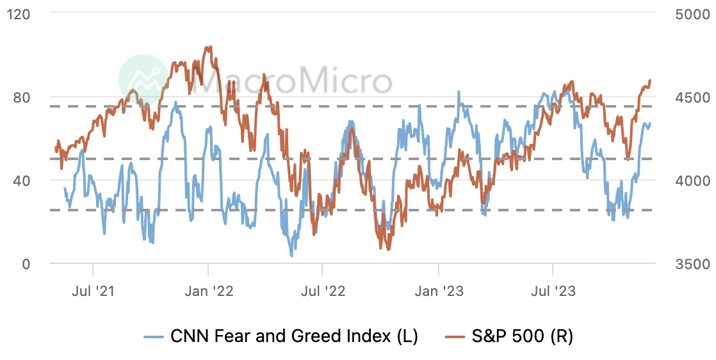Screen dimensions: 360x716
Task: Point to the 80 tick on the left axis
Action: [x=23, y=97]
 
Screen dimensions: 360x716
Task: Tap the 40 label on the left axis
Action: [x=23, y=180]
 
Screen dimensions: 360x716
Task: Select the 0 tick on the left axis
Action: [x=28, y=263]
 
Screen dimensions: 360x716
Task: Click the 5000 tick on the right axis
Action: [x=692, y=14]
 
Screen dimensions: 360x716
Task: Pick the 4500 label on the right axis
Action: [x=692, y=97]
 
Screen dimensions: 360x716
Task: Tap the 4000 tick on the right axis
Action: [x=692, y=180]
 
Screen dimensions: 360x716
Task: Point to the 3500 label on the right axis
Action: [x=692, y=263]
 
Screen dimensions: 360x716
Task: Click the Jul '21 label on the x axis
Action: [x=93, y=291]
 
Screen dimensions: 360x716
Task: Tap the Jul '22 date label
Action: [x=322, y=291]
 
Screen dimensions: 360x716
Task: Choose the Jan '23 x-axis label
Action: [x=438, y=291]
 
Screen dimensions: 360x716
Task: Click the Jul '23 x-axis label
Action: [x=553, y=291]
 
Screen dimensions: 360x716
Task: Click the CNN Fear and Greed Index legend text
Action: [x=294, y=336]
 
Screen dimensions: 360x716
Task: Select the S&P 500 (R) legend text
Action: [x=521, y=336]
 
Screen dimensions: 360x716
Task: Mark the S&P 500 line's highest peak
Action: [x=207, y=47]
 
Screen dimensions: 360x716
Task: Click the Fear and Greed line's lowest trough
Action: [x=292, y=256]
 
